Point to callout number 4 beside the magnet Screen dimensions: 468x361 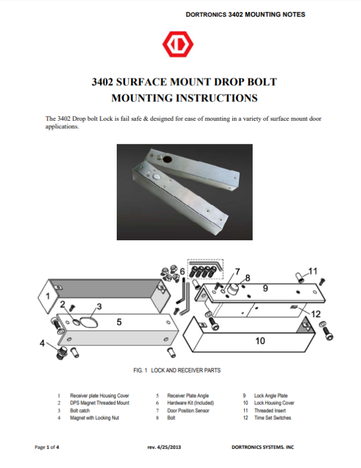point(42,343)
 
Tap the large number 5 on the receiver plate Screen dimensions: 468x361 point(119,322)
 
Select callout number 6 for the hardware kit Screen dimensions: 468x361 point(182,272)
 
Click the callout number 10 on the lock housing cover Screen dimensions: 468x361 point(260,341)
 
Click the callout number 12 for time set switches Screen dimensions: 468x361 point(316,314)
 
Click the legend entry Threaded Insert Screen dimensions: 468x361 point(270,411)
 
